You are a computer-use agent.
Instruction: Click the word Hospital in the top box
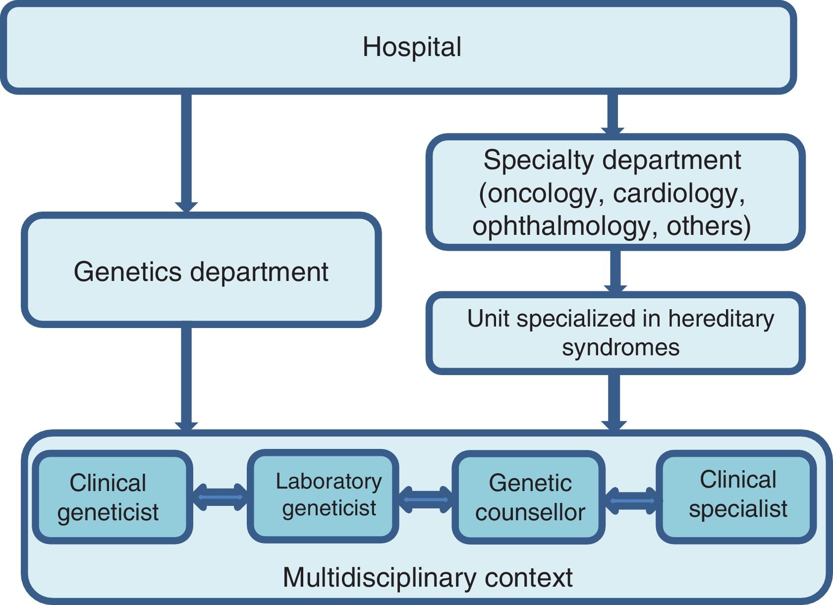412,47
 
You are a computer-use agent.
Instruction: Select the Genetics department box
201,270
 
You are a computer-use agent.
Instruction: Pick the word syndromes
620,348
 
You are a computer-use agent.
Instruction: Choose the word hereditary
721,319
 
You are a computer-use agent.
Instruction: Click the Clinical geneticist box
112,497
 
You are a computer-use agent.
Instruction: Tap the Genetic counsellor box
528,497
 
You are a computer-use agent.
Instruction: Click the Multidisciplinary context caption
428,577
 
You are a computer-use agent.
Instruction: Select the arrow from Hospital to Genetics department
186,153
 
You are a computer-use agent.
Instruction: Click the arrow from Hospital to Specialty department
612,113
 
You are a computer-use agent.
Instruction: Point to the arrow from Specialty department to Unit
615,271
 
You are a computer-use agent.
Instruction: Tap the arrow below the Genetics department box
186,379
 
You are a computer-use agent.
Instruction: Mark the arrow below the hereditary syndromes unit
614,402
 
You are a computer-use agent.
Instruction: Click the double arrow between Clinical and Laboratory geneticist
220,497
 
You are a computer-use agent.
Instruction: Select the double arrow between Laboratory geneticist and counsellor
426,500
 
